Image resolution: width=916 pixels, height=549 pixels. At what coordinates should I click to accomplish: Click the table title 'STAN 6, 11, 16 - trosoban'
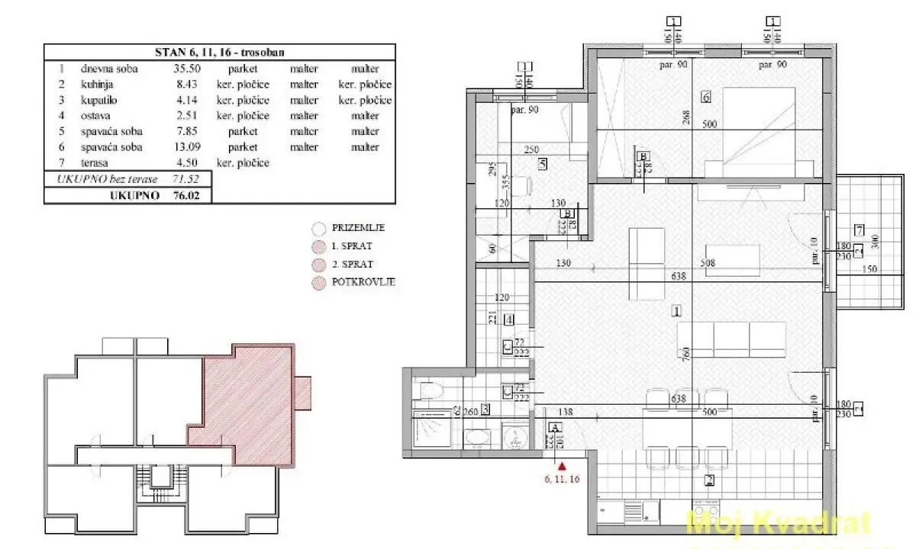coord(220,53)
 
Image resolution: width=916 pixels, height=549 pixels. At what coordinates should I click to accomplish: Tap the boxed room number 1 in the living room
coord(676,310)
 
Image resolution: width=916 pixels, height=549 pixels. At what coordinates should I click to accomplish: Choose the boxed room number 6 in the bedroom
coord(705,97)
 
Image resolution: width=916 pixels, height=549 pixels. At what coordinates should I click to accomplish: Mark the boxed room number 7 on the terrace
coord(859,230)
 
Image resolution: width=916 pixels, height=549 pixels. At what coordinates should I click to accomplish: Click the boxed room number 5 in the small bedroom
coord(542,162)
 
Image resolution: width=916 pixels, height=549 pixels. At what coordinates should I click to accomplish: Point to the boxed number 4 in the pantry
coord(508,319)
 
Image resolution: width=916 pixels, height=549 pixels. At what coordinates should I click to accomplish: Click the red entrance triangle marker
coord(563,465)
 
